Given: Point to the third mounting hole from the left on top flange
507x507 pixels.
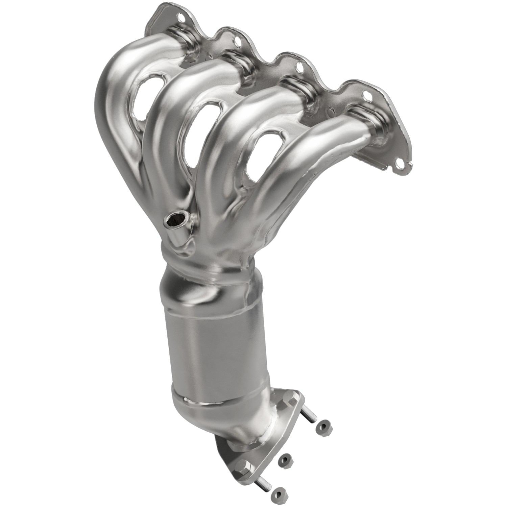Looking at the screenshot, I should (299, 67).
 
